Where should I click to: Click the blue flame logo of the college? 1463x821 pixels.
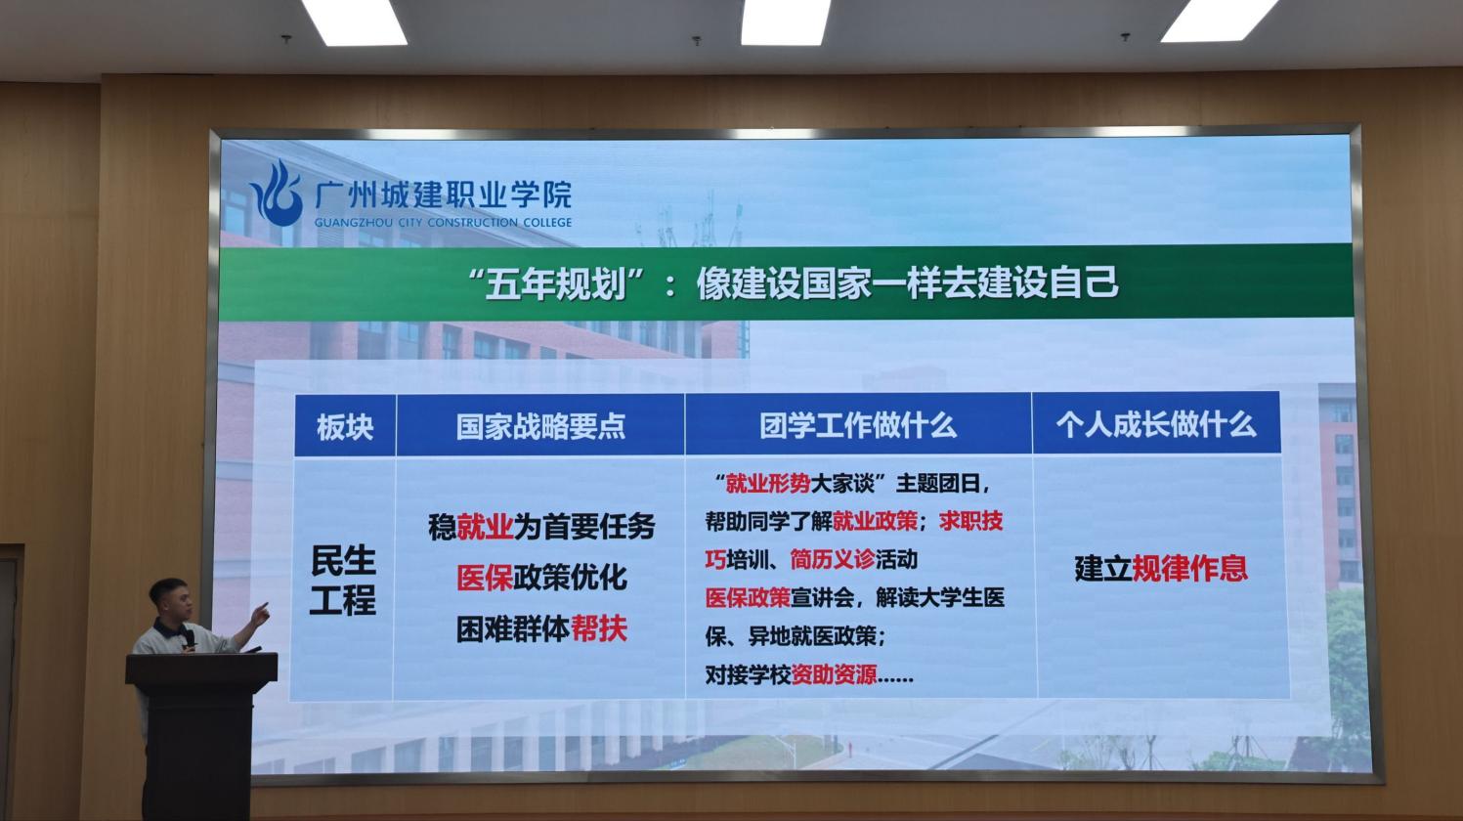[278, 194]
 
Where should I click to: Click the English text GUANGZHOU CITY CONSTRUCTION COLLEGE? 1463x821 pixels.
[444, 223]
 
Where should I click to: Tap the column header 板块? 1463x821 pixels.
[345, 427]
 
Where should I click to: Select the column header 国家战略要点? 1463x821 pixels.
[540, 426]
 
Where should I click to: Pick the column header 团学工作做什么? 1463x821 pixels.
[858, 425]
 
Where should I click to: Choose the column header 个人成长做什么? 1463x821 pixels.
[1156, 424]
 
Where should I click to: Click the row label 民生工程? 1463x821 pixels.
[343, 580]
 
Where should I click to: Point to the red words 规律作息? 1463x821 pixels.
[1190, 568]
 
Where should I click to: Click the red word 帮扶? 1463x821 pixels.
[599, 628]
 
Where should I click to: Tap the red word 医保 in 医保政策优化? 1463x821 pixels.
[485, 578]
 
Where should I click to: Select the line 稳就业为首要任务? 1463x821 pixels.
[541, 527]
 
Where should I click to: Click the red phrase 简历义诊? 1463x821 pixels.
[832, 559]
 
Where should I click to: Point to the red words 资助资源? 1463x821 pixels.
[834, 674]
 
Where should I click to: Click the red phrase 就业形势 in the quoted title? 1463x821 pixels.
[768, 484]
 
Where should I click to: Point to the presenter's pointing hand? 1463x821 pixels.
[260, 614]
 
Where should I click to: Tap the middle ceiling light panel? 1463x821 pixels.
[786, 22]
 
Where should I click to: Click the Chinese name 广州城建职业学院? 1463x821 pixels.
[444, 194]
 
